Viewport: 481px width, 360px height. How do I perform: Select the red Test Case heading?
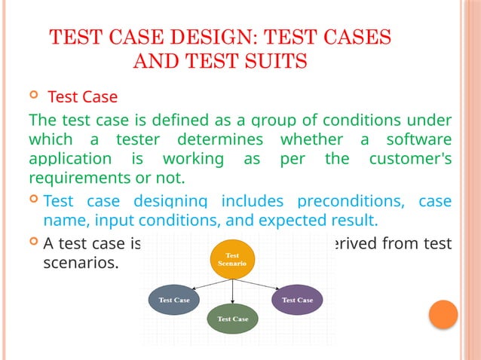click(x=82, y=98)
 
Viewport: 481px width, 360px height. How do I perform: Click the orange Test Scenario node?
click(x=232, y=260)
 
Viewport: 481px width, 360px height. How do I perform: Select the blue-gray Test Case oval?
click(x=174, y=300)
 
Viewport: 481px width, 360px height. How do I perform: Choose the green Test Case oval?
click(x=232, y=319)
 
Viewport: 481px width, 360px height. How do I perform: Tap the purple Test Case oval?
click(x=297, y=300)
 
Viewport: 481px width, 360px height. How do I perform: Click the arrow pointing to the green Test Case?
click(x=232, y=291)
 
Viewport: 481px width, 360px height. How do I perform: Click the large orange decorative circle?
click(x=443, y=315)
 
